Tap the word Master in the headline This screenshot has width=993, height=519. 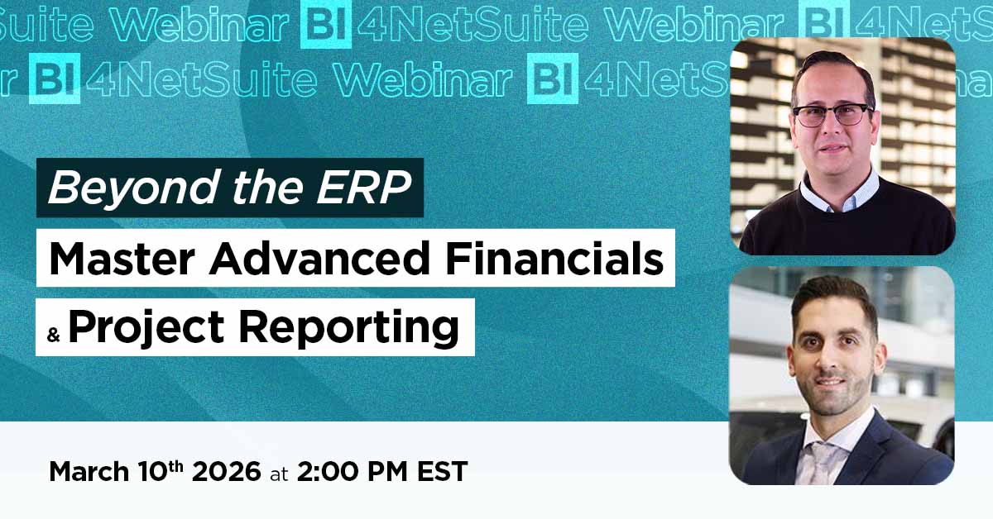122,259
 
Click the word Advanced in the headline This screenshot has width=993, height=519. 319,259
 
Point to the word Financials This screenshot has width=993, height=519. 554,259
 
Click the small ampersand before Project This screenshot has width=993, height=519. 53,335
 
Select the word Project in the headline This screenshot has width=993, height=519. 146,329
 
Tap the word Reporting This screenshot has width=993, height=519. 349,329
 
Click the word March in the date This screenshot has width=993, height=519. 89,471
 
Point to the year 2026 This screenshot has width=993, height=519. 226,471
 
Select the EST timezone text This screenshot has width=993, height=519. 443,471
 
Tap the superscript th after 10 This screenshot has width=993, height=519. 175,466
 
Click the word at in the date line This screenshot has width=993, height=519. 279,474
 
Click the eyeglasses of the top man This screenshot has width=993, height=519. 832,115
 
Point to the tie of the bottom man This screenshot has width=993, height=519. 823,462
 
